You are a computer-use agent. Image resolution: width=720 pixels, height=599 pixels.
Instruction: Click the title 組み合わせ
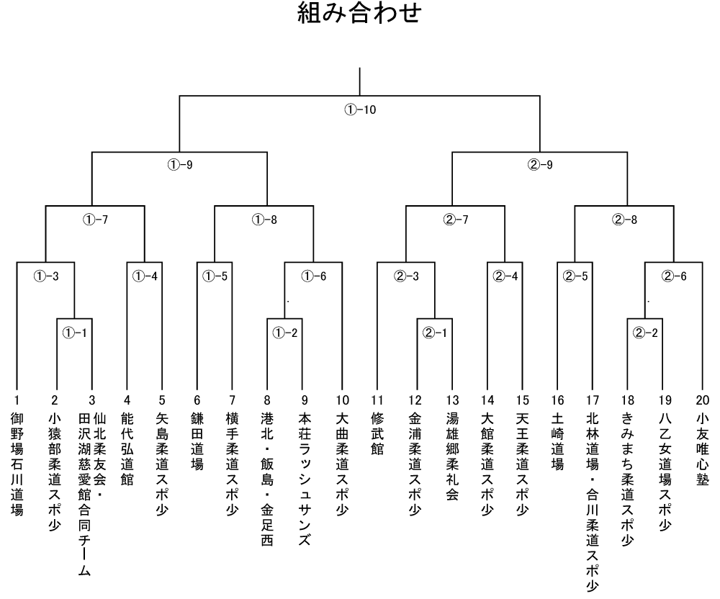(359, 12)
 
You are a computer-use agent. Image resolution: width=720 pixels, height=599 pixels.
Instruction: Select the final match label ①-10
(360, 109)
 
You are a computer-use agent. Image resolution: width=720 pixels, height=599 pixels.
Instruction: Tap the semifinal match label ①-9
(180, 165)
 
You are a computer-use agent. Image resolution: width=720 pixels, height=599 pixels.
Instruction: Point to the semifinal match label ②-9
(540, 165)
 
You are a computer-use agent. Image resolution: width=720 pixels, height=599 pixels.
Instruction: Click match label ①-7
(96, 220)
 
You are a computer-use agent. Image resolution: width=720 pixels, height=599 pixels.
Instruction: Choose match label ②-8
(624, 220)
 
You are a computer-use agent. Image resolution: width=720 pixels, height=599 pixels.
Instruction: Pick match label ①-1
(74, 333)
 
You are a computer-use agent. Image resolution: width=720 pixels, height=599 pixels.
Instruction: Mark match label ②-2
(645, 333)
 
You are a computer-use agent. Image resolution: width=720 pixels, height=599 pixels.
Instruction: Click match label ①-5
(215, 276)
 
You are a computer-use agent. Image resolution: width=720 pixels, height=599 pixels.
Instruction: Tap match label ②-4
(505, 276)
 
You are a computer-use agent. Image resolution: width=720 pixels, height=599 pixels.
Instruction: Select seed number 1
(17, 400)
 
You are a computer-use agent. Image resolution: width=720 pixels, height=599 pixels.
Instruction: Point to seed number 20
(703, 400)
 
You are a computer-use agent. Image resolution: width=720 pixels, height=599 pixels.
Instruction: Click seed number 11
(377, 400)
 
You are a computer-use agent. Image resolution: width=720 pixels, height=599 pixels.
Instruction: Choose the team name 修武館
(377, 433)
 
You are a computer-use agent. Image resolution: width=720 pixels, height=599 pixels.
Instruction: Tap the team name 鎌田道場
(197, 441)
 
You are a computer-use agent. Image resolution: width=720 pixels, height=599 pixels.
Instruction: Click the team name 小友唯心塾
(703, 449)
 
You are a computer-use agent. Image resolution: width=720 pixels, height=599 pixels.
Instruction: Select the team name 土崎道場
(557, 441)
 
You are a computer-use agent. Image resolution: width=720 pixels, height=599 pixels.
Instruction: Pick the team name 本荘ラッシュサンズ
(305, 479)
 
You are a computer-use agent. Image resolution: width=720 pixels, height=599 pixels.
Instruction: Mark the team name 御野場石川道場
(17, 464)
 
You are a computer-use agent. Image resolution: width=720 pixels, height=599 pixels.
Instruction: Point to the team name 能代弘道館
(127, 449)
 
